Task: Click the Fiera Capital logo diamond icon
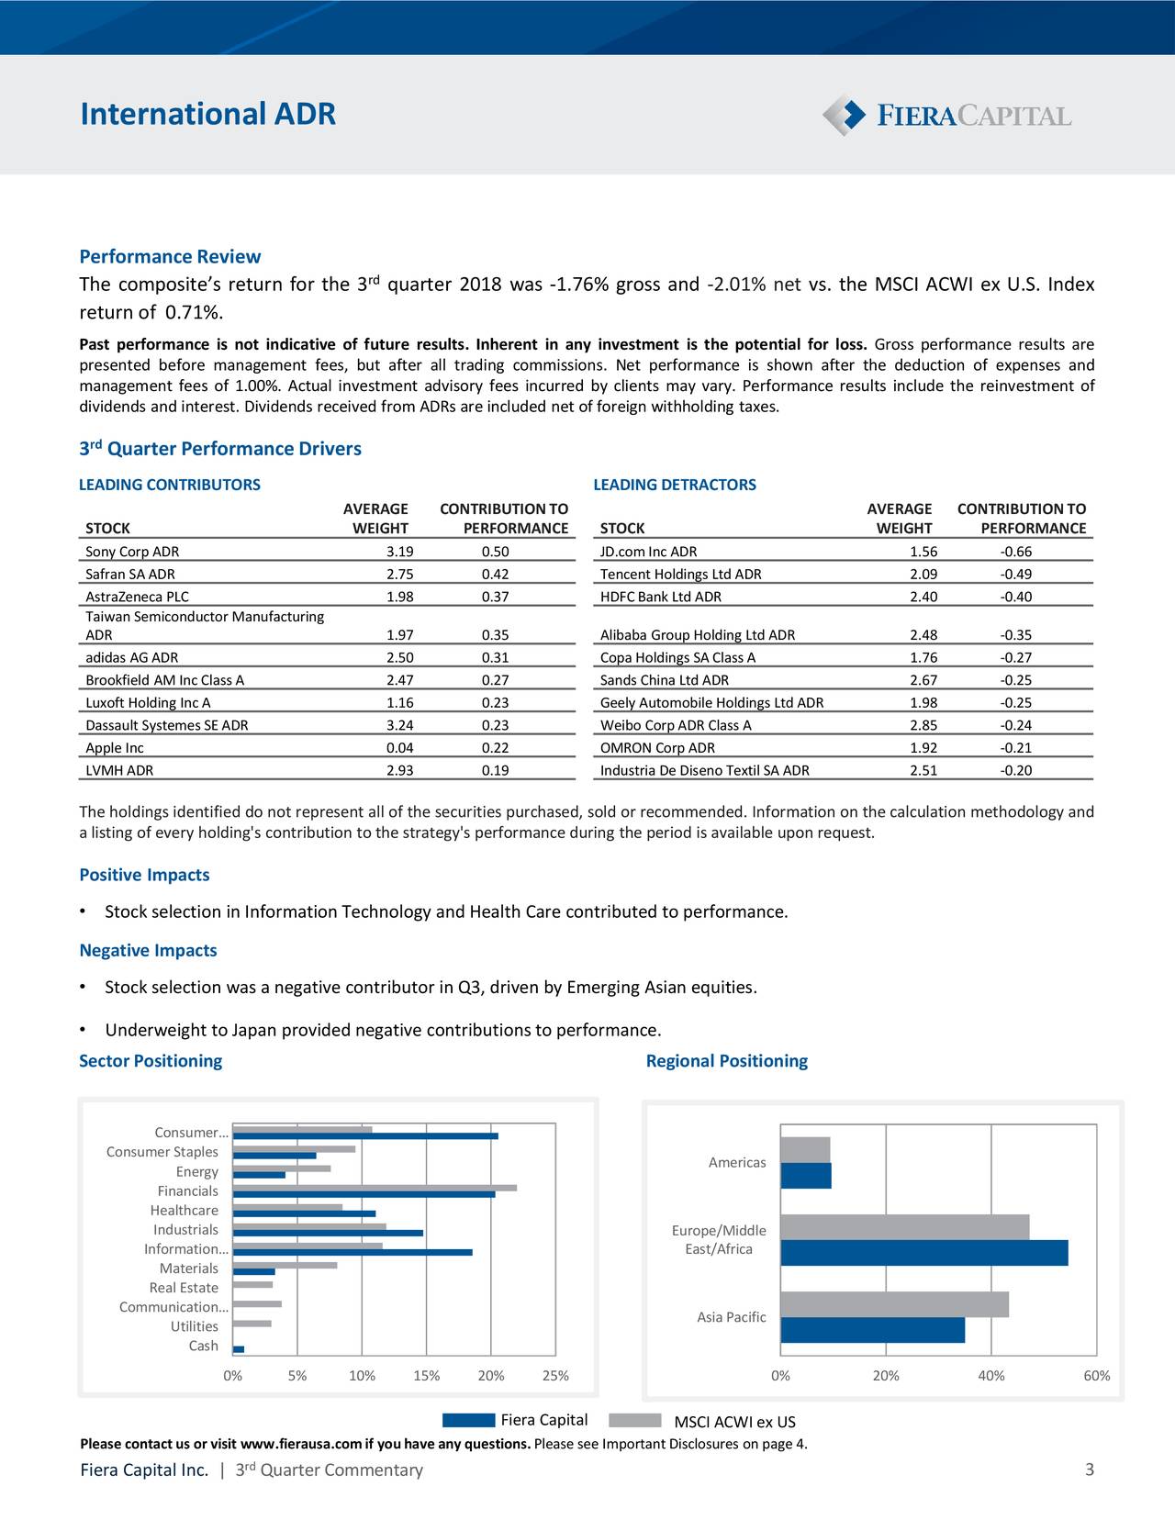844,115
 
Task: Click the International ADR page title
207,114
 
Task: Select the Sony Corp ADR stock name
132,552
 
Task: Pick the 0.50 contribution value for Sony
495,552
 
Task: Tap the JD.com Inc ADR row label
648,552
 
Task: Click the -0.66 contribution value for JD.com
1016,552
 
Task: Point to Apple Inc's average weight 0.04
400,748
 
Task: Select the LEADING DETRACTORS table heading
675,485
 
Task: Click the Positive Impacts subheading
144,875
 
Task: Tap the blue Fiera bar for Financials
364,1194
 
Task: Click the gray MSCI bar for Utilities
252,1324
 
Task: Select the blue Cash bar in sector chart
239,1349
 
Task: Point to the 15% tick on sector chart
426,1376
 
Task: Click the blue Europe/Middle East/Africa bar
923,1253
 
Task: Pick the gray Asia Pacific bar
894,1304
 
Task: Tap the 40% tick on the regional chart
990,1376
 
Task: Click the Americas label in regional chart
736,1163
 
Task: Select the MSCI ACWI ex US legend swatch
634,1421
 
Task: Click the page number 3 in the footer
1089,1470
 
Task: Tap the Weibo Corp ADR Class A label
676,725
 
